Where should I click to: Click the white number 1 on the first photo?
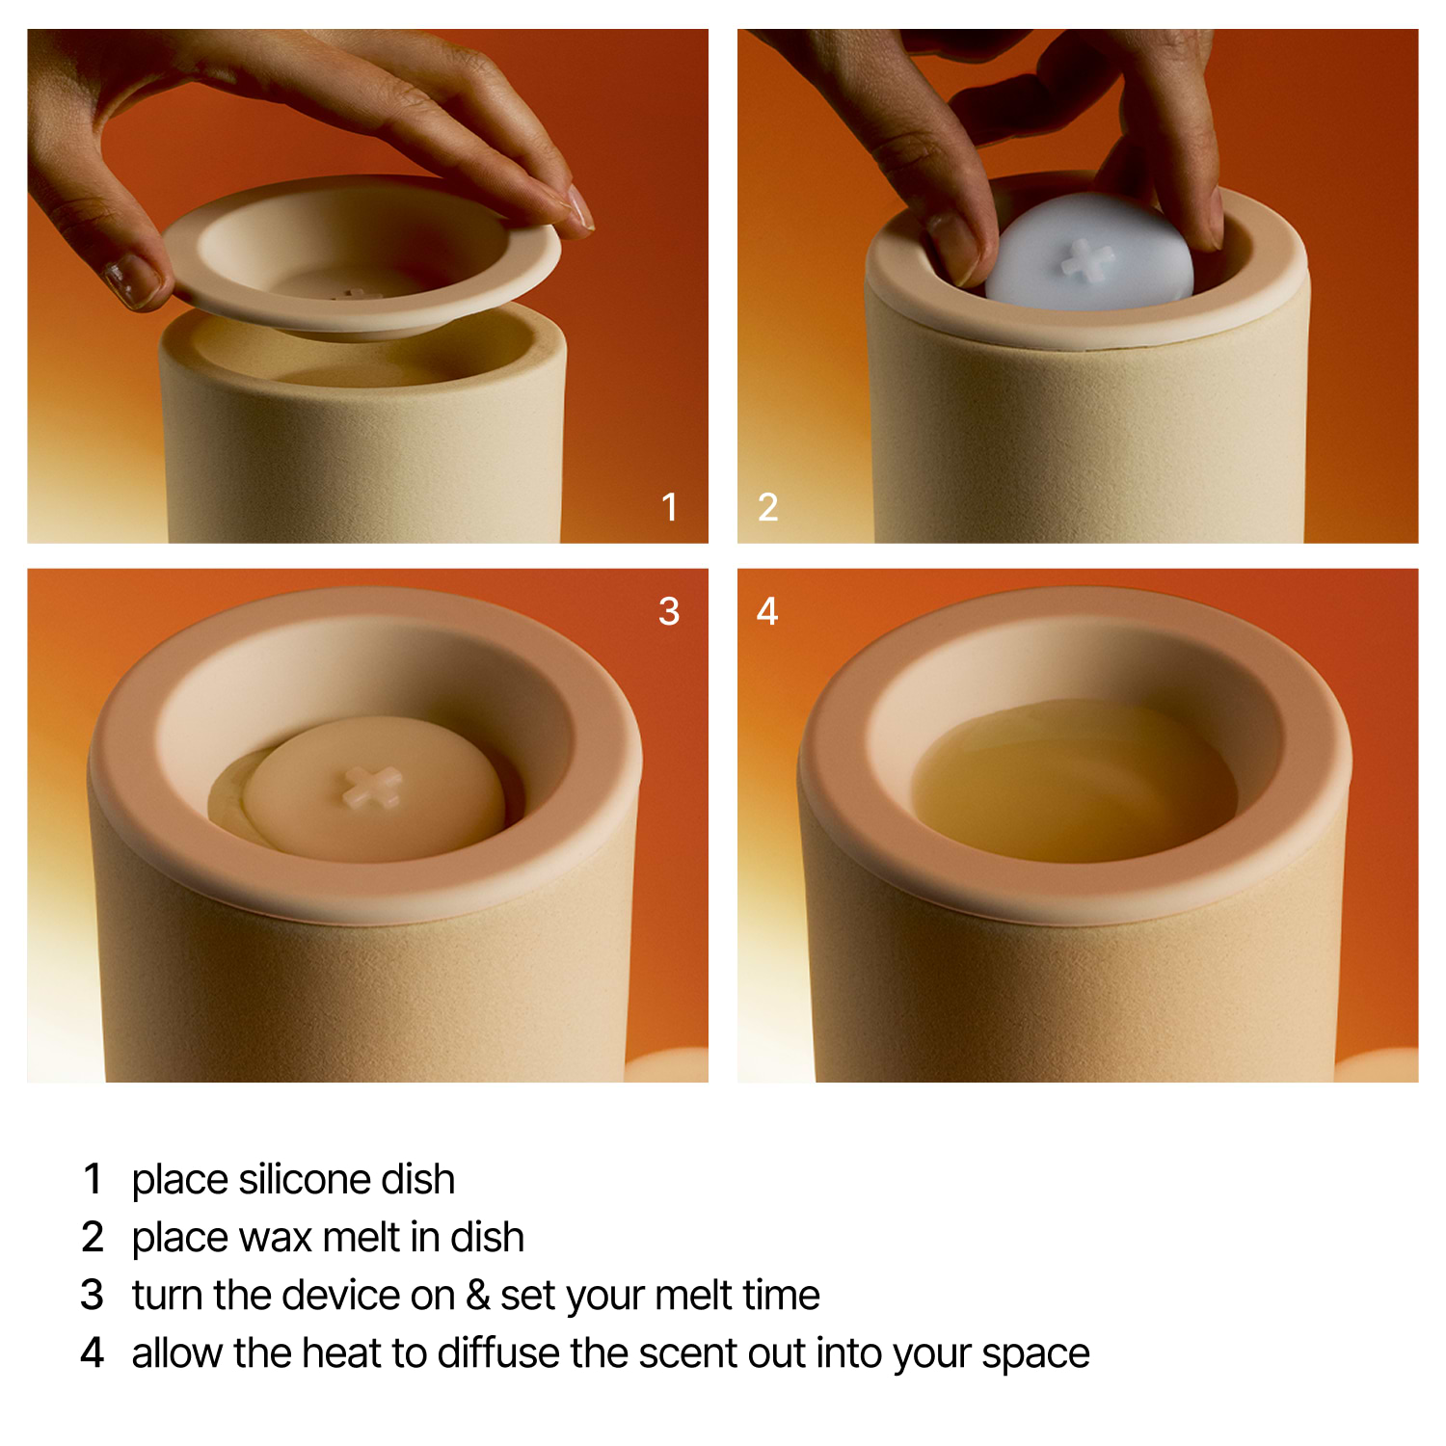[x=670, y=507]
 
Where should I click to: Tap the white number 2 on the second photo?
[x=767, y=507]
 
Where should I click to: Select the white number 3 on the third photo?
[x=669, y=611]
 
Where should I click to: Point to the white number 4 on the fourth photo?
[x=767, y=611]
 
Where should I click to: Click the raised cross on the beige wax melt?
[x=372, y=786]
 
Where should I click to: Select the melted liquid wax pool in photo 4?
[x=1075, y=781]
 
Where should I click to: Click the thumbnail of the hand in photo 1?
[x=131, y=281]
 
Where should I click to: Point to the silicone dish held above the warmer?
[x=361, y=255]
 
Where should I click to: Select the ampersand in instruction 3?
[x=478, y=1295]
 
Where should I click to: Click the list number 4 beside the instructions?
[x=93, y=1352]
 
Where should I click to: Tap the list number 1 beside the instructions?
[x=93, y=1179]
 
